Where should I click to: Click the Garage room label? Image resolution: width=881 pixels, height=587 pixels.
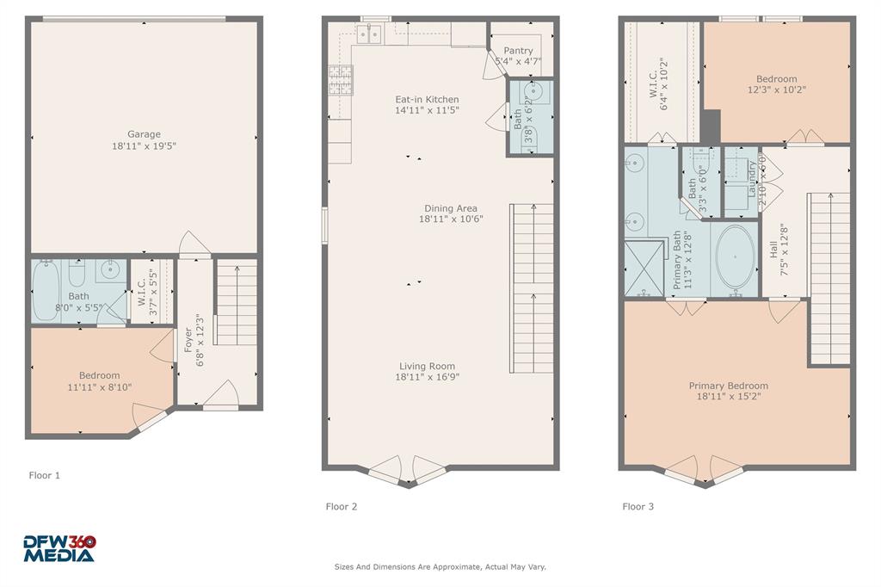(x=145, y=134)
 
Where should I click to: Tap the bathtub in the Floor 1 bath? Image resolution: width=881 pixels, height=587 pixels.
(x=46, y=291)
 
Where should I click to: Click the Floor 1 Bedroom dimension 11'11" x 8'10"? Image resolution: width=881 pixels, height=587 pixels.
(x=100, y=387)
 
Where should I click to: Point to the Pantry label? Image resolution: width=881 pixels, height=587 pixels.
(x=518, y=51)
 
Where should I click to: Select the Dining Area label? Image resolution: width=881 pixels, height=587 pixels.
(x=450, y=208)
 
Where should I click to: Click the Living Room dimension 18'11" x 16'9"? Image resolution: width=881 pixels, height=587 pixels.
(x=427, y=377)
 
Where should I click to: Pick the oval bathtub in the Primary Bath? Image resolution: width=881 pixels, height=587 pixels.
(x=734, y=257)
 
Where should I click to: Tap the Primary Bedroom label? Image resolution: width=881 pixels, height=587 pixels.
(x=728, y=386)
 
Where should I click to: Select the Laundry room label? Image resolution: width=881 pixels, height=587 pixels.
(x=751, y=177)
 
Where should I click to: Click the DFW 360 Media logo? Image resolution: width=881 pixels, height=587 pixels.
(x=59, y=548)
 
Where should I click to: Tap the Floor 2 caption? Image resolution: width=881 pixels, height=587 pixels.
(x=341, y=506)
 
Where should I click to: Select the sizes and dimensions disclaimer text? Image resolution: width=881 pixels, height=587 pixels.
(x=440, y=566)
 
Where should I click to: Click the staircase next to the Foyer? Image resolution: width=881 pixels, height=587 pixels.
(x=236, y=303)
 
